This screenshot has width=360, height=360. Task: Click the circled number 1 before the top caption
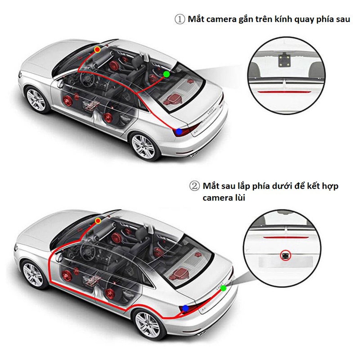180,19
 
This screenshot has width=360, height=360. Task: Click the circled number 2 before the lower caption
194,186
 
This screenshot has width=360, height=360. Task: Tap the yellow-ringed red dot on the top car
97,49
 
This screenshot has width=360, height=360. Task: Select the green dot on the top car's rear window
166,74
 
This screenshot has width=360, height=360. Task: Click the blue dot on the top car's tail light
179,132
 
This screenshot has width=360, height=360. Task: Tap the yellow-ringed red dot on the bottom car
98,221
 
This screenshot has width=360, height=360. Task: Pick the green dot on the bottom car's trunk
223,288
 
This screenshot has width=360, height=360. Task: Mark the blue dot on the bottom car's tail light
185,308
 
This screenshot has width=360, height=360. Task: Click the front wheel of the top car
36,100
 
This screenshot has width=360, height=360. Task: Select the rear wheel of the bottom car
148,324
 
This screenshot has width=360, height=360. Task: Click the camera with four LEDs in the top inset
284,60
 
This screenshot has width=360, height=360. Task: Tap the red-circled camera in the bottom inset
286,256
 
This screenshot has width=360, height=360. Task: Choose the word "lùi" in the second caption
239,198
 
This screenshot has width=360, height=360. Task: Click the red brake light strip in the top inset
284,92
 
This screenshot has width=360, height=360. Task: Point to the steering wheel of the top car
87,78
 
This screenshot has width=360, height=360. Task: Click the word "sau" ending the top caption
343,19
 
